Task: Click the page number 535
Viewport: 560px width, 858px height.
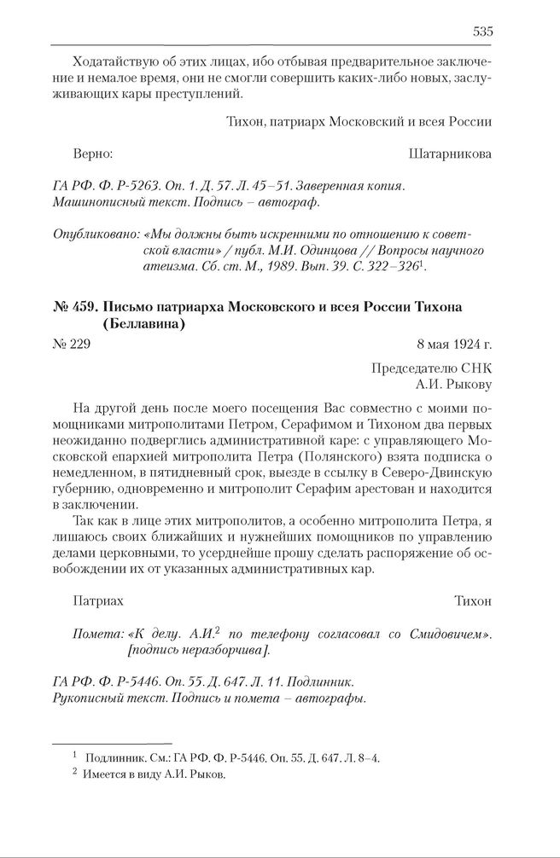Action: click(482, 32)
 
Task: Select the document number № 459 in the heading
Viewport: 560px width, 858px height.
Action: click(74, 306)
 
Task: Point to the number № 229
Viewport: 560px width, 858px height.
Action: click(71, 344)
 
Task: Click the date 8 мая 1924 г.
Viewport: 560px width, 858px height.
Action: click(454, 344)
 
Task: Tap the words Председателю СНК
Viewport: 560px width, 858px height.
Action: click(431, 368)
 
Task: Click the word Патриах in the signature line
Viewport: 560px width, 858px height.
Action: click(98, 600)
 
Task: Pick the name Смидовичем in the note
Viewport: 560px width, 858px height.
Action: click(452, 635)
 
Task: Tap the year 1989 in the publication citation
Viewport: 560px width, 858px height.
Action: click(278, 266)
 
